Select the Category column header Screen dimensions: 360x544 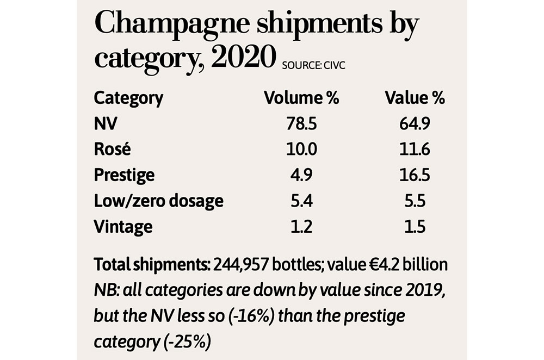pyautogui.click(x=128, y=98)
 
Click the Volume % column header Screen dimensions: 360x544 pyautogui.click(x=301, y=98)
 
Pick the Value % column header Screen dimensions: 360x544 pyautogui.click(x=415, y=98)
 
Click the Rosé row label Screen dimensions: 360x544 pyautogui.click(x=113, y=150)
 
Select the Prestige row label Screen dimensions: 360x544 pyautogui.click(x=124, y=175)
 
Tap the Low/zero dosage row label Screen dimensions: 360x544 pyautogui.click(x=159, y=201)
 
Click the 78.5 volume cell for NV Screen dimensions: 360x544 pyautogui.click(x=301, y=124)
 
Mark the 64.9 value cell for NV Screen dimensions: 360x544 pyautogui.click(x=415, y=124)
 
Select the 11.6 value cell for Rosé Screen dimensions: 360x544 pyautogui.click(x=415, y=150)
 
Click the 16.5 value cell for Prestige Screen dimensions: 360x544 pyautogui.click(x=415, y=175)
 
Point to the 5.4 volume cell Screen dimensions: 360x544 pyautogui.click(x=301, y=201)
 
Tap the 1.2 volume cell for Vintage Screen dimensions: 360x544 pyautogui.click(x=301, y=226)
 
